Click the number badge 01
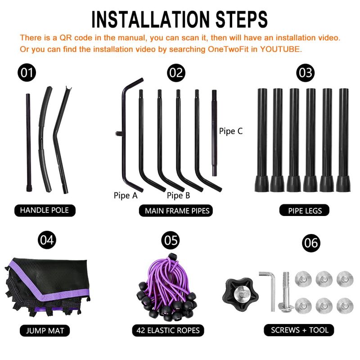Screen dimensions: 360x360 pyautogui.click(x=27, y=72)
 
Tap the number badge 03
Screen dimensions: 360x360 pyautogui.click(x=305, y=72)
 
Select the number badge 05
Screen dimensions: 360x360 pyautogui.click(x=171, y=240)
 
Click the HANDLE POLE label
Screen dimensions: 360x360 pyautogui.click(x=45, y=210)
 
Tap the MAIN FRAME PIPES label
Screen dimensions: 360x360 pyautogui.click(x=176, y=211)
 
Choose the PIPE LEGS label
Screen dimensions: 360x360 pyautogui.click(x=305, y=210)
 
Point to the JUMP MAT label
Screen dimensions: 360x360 pyautogui.click(x=45, y=331)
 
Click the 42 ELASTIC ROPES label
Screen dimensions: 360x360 pyautogui.click(x=168, y=330)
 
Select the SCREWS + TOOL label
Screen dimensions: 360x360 pyautogui.click(x=299, y=330)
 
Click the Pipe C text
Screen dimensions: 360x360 pyautogui.click(x=231, y=131)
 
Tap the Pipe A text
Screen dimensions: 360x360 pyautogui.click(x=126, y=195)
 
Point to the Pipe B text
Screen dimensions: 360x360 pyautogui.click(x=178, y=195)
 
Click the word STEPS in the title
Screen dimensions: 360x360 pyautogui.click(x=242, y=19)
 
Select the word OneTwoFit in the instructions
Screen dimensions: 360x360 pyautogui.click(x=228, y=49)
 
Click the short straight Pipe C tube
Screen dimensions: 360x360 pyautogui.click(x=214, y=133)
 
